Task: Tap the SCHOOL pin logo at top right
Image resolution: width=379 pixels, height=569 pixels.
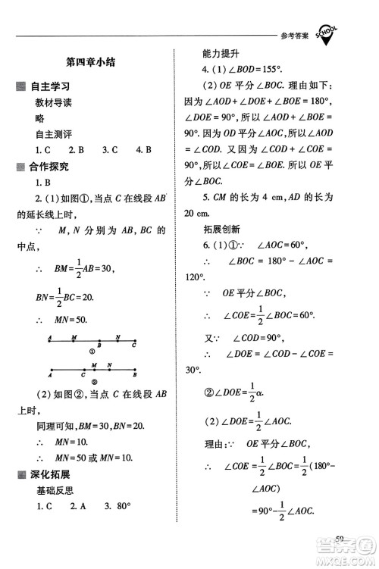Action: pyautogui.click(x=327, y=33)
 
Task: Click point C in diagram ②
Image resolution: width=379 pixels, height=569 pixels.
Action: pyautogui.click(x=83, y=374)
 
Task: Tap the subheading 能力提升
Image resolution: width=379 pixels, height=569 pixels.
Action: pyautogui.click(x=221, y=54)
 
